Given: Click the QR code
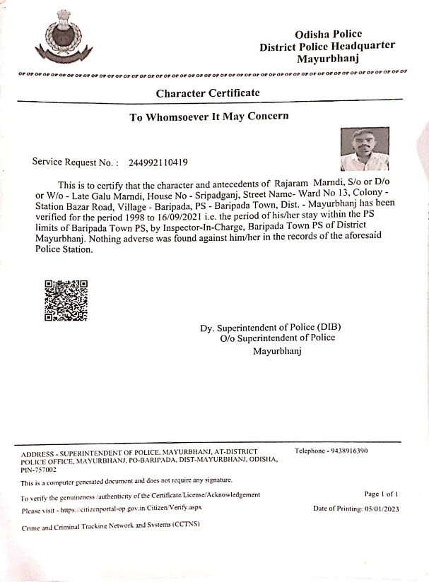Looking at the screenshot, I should [66, 300].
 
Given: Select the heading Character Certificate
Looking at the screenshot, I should [208, 93].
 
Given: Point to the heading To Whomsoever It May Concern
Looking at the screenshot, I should [208, 117].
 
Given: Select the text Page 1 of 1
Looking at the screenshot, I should [382, 494].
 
